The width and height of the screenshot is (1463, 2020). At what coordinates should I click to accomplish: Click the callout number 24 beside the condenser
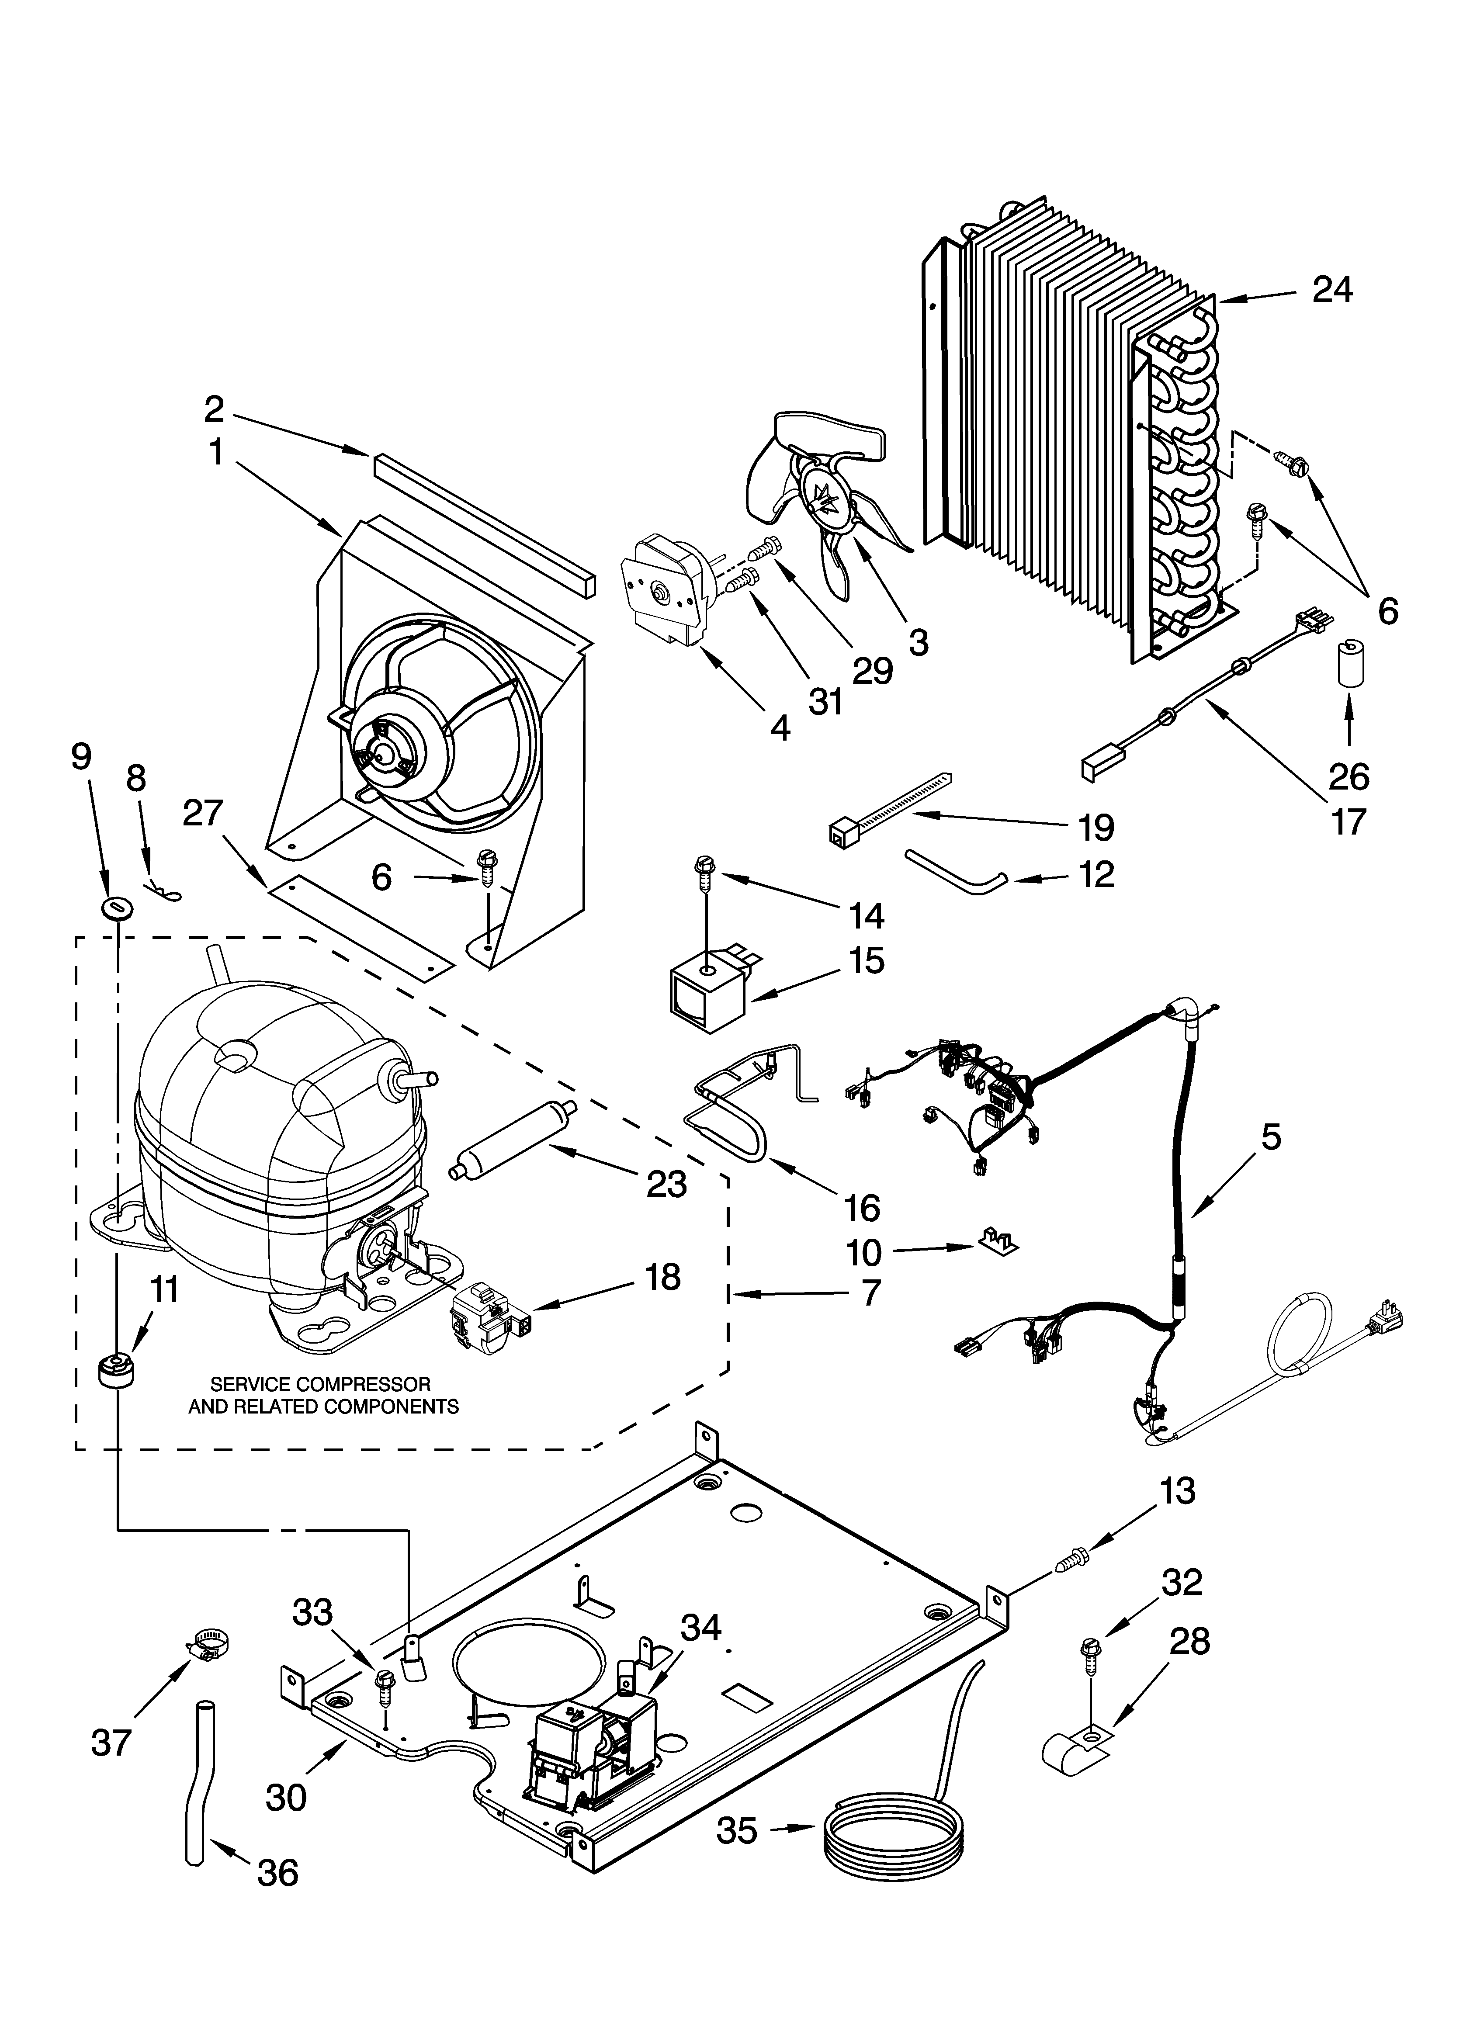pyautogui.click(x=1332, y=291)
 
